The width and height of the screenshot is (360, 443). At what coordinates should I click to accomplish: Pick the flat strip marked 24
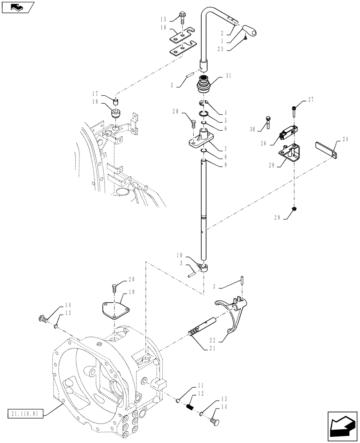pyautogui.click(x=328, y=149)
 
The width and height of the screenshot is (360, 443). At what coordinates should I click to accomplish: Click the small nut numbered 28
pyautogui.click(x=293, y=208)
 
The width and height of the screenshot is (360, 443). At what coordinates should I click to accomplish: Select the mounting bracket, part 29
pyautogui.click(x=289, y=154)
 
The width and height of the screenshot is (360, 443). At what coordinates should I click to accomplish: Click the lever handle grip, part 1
pyautogui.click(x=251, y=31)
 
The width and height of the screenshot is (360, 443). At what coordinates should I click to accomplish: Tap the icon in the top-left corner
pyautogui.click(x=17, y=8)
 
